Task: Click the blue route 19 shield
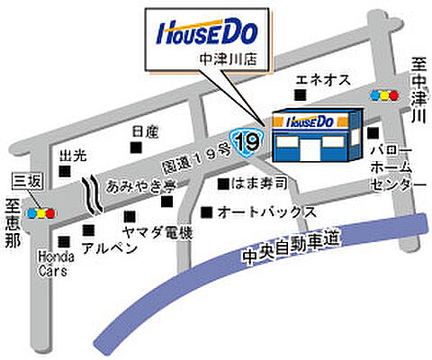244,140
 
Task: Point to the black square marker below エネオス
302,94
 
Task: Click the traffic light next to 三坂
41,214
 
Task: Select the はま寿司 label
259,184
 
